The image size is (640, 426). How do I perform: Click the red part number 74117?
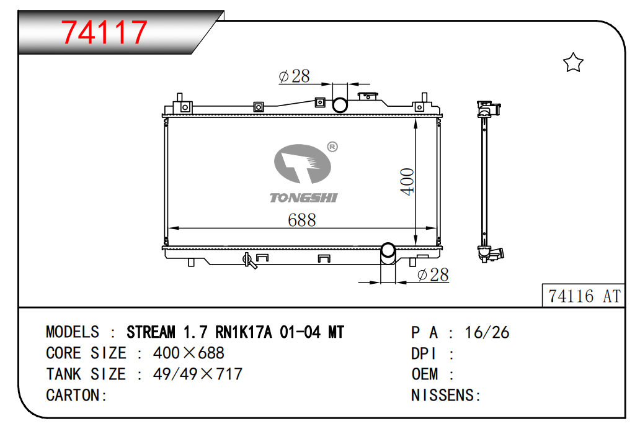[106, 33]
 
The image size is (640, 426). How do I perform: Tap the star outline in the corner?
[573, 63]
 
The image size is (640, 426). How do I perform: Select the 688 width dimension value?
[301, 220]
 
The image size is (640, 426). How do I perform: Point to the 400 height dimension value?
[407, 181]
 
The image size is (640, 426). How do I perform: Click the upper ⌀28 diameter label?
[294, 76]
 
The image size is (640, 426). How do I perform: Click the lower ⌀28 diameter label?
[433, 274]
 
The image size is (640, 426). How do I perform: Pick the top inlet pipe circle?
[340, 104]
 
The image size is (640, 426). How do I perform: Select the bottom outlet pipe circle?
[388, 252]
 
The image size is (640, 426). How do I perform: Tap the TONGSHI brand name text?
[303, 197]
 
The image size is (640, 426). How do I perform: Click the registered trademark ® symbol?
[332, 147]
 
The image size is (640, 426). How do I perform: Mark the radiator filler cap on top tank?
[370, 97]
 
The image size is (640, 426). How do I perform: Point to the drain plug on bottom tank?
[250, 260]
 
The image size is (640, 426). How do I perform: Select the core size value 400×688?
[189, 353]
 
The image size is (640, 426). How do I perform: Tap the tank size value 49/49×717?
[197, 374]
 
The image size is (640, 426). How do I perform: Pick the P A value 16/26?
[487, 332]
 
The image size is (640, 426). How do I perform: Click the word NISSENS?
[442, 395]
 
